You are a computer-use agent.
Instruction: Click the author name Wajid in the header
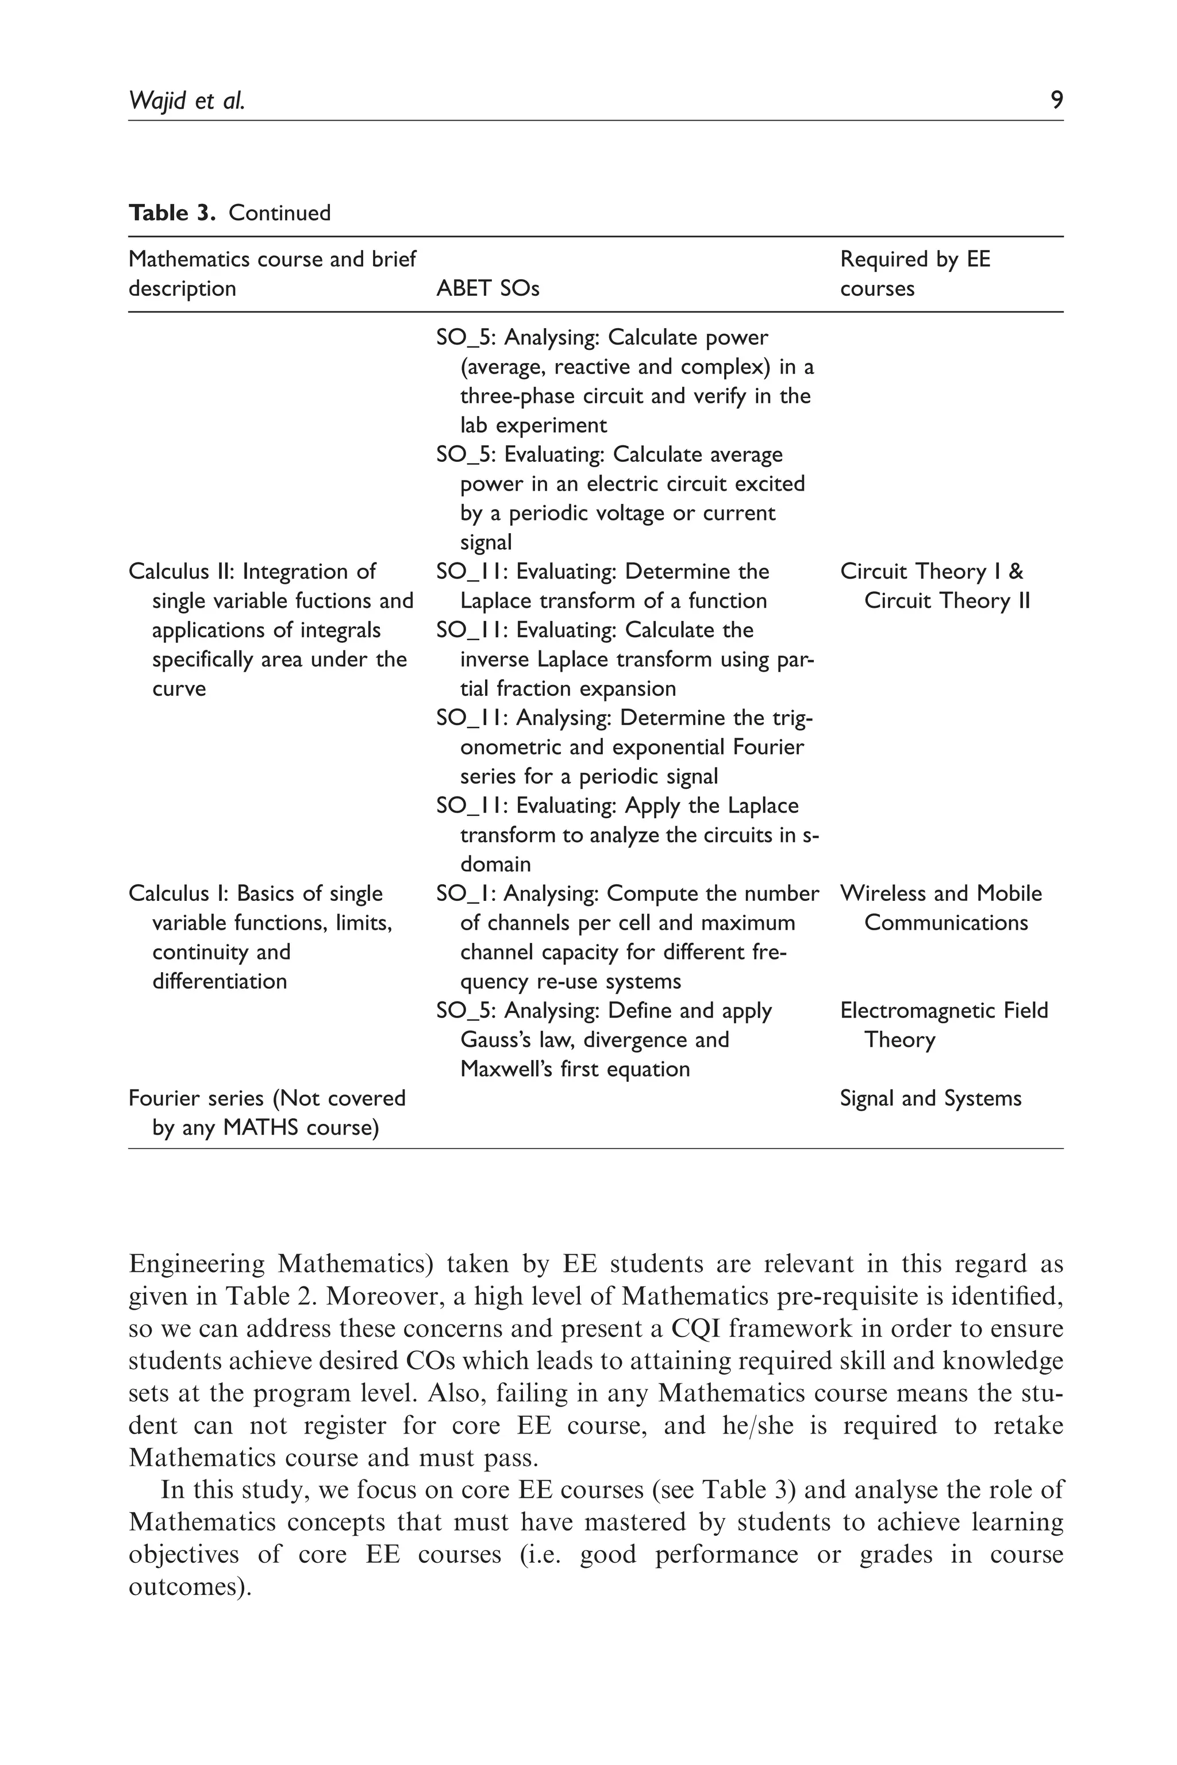157,100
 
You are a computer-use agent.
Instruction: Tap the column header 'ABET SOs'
487,288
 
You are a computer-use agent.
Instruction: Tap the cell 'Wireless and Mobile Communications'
941,907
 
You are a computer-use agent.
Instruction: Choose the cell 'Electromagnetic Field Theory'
944,1024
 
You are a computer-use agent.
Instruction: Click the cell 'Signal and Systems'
930,1098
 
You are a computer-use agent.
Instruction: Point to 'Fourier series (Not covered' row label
267,1098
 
